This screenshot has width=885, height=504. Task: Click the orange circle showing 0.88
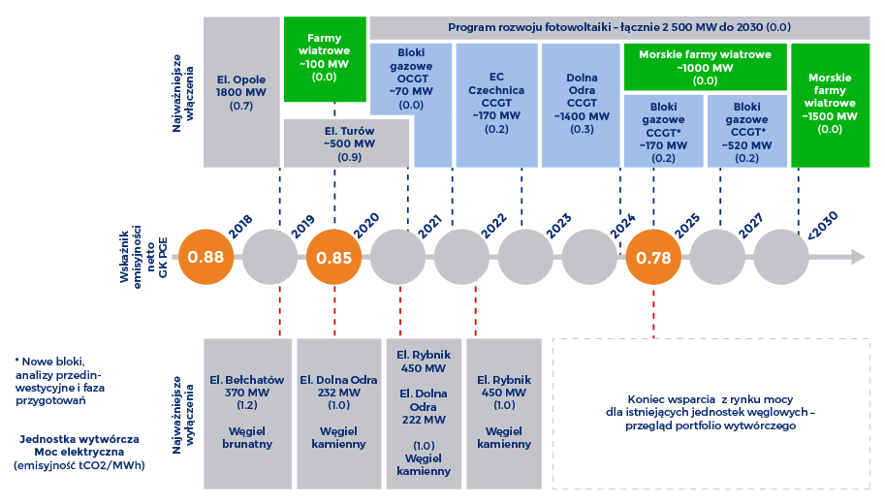tap(206, 257)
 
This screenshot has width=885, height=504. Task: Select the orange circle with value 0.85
tap(334, 257)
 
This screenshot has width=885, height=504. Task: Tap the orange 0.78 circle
tap(653, 257)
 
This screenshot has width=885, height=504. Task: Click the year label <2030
tap(822, 225)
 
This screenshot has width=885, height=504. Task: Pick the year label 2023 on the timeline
tap(559, 226)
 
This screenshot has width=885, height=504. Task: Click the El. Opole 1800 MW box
tap(241, 92)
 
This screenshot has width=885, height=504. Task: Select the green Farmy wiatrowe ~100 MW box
tap(325, 59)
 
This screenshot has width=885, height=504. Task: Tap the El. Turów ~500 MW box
tap(347, 143)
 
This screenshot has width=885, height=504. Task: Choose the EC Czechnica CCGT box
tap(496, 106)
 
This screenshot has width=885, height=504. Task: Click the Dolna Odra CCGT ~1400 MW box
tap(581, 106)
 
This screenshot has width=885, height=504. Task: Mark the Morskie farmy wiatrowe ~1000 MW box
tap(705, 67)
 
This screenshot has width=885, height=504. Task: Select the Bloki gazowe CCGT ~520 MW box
tap(746, 131)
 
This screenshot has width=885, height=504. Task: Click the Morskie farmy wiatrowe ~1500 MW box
tap(831, 106)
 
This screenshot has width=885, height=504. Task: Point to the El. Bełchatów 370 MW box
tap(247, 414)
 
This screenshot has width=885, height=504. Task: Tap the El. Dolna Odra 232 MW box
tap(338, 414)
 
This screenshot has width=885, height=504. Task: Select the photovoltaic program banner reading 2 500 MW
tap(619, 28)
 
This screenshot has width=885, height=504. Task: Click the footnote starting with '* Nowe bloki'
tap(60, 381)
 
